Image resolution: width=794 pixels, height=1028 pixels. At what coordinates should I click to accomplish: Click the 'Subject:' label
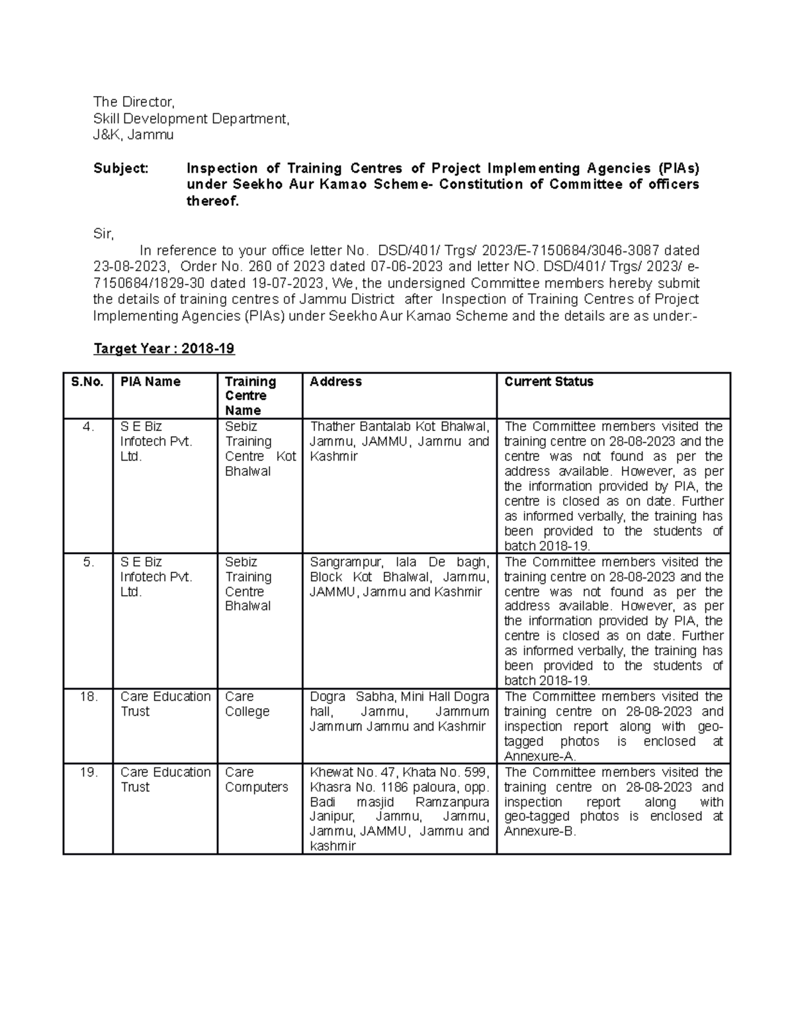[121, 168]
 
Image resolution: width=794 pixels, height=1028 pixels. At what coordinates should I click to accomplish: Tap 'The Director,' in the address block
[134, 102]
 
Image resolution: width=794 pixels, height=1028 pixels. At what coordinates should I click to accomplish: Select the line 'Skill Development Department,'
[191, 118]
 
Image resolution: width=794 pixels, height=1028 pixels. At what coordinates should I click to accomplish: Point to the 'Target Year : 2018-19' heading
[164, 349]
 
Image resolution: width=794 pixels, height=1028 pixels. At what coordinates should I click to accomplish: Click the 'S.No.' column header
[87, 382]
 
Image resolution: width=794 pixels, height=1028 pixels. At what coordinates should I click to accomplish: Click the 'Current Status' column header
[549, 382]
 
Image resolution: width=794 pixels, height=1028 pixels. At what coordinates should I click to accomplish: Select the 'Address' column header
[335, 382]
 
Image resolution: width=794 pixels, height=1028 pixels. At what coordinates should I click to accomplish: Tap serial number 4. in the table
[89, 427]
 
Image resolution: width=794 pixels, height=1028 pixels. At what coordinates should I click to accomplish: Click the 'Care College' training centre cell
[247, 704]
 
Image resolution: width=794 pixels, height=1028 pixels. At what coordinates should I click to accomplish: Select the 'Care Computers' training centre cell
[256, 780]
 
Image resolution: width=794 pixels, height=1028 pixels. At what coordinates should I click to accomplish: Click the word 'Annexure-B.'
[540, 832]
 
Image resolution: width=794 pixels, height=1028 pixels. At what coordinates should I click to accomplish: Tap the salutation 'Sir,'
[104, 234]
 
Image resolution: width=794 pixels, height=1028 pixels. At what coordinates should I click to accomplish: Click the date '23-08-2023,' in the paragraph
[132, 267]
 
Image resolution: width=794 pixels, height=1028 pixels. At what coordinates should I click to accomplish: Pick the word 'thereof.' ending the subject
[212, 201]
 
